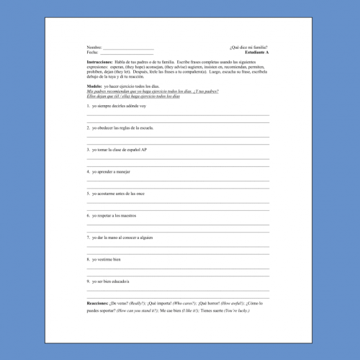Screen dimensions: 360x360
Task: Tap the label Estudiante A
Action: tap(256, 53)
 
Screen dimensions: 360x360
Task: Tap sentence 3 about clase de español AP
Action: tap(119, 150)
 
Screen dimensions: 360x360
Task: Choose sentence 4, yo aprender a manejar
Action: tap(112, 172)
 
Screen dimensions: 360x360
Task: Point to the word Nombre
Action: tap(94, 48)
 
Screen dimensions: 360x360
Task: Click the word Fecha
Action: tap(92, 53)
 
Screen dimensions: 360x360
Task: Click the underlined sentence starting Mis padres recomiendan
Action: tap(152, 91)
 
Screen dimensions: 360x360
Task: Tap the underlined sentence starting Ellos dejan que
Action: tap(132, 96)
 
